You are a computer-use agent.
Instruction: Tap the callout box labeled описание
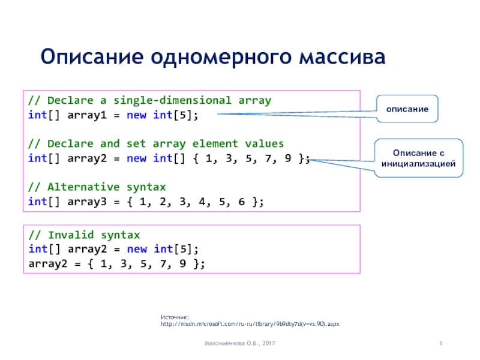click(407, 109)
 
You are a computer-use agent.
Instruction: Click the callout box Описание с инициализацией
click(419, 158)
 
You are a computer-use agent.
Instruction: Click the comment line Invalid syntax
click(84, 235)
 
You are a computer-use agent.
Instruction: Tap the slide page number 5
click(441, 343)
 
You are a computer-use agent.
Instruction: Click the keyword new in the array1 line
click(136, 115)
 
